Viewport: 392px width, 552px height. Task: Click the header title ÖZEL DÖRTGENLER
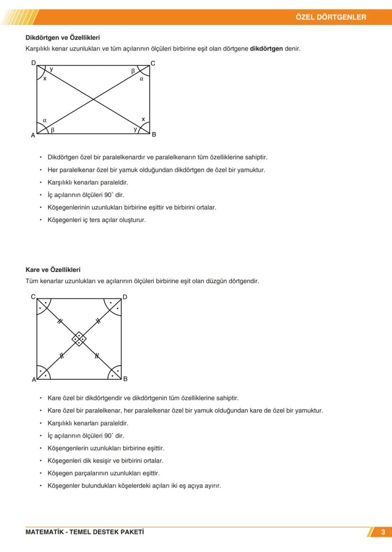(x=330, y=17)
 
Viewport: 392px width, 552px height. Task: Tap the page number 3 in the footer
(x=383, y=532)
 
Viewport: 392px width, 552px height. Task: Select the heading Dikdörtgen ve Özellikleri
(x=62, y=37)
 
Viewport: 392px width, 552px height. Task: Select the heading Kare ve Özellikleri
(x=53, y=270)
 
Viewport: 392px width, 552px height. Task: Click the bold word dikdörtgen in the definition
(x=266, y=48)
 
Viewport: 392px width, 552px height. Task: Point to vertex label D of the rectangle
(x=33, y=62)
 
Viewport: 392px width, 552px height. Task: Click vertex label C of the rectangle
(x=153, y=63)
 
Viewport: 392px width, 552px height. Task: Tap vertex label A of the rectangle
(x=33, y=135)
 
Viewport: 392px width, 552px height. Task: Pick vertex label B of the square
(x=125, y=379)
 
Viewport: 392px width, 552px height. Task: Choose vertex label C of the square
(x=33, y=297)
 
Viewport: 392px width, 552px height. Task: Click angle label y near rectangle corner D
(x=51, y=69)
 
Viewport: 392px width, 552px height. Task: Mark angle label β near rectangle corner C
(x=133, y=70)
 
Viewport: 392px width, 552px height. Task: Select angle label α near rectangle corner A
(x=45, y=120)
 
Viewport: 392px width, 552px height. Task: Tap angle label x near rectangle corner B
(x=143, y=119)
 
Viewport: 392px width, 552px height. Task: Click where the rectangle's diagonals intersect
(x=93, y=99)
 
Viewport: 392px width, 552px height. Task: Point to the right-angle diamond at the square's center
(x=79, y=338)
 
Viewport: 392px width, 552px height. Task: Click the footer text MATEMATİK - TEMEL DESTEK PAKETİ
(x=85, y=532)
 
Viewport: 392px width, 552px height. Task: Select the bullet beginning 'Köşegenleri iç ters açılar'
(x=97, y=220)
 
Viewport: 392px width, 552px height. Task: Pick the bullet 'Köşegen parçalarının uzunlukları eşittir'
(x=103, y=473)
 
